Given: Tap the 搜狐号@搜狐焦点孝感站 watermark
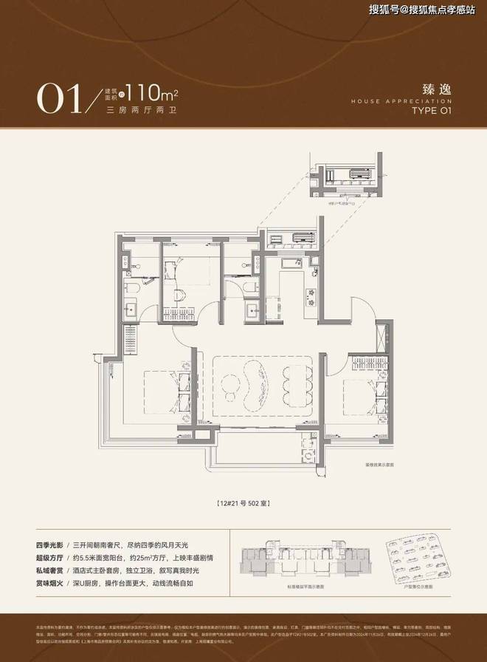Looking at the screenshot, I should point(422,10).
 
